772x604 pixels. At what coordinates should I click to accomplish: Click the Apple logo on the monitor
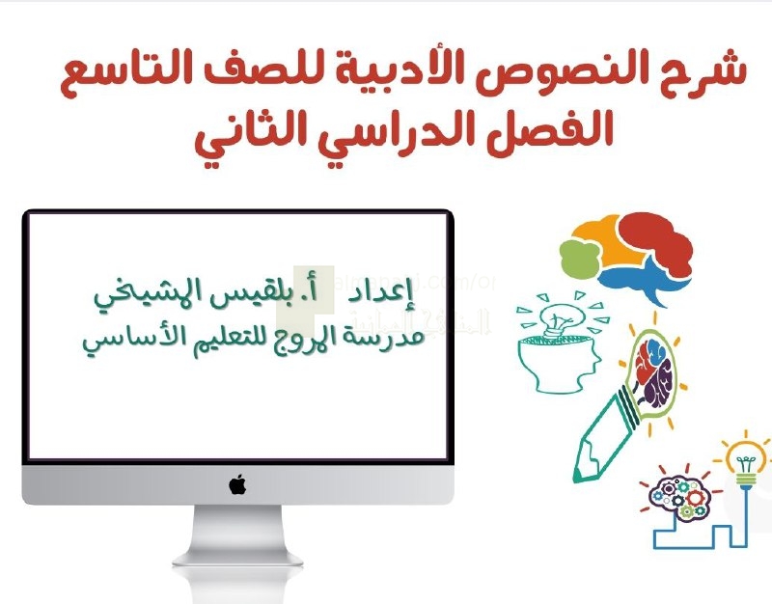(x=237, y=484)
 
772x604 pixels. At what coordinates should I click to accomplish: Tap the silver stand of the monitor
(x=237, y=535)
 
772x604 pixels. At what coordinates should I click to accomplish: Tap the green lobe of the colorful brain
(x=577, y=257)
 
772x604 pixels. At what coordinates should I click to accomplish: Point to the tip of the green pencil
(x=576, y=480)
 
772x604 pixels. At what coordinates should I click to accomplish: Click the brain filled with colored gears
(x=677, y=497)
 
